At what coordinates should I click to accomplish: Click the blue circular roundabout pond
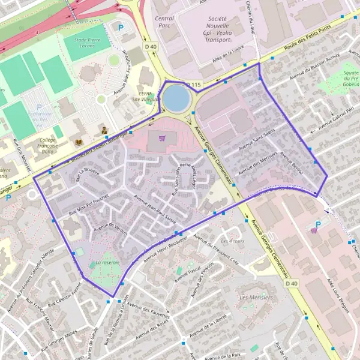[175, 98]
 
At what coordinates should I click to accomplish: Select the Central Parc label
[164, 22]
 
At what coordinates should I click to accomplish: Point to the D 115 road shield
[193, 85]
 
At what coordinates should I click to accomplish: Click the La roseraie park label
[108, 262]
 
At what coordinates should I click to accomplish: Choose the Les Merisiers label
[256, 298]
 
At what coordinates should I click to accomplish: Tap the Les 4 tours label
[232, 241]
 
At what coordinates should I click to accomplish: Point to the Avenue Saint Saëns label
[257, 139]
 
